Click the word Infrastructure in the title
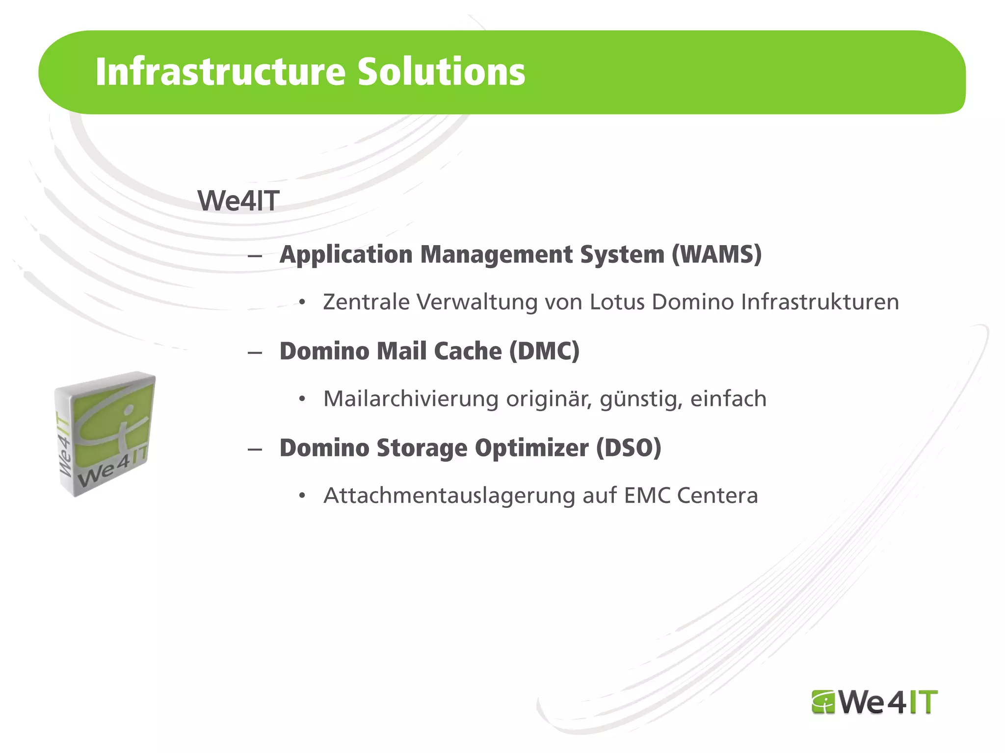coord(221,72)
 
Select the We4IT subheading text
coord(238,201)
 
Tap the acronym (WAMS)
coord(716,255)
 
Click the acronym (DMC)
coord(544,351)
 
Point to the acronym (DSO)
coord(629,448)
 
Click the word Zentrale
coord(366,302)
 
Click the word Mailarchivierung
coord(411,399)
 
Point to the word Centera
coord(717,496)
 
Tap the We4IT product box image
coord(104,434)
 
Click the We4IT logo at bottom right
coord(874,702)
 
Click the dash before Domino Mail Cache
coord(255,352)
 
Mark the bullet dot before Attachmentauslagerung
coord(302,496)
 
